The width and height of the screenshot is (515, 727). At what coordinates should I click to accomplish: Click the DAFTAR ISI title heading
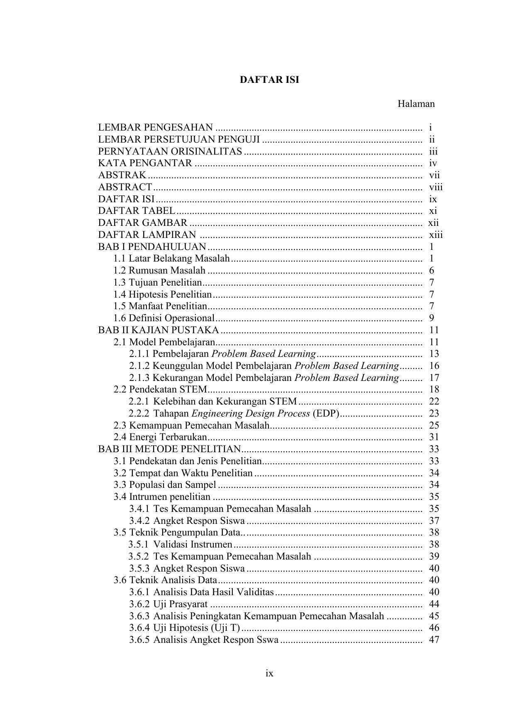click(x=269, y=80)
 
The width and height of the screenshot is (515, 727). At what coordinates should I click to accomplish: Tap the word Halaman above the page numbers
click(x=416, y=104)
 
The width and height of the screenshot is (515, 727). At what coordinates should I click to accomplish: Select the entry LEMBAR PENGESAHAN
click(x=156, y=128)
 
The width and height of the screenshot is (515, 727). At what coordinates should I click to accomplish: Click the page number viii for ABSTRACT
click(x=436, y=187)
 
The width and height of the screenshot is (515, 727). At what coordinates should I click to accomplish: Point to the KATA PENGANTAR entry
click(x=145, y=163)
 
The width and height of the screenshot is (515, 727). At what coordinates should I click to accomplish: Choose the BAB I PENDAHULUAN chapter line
click(x=152, y=247)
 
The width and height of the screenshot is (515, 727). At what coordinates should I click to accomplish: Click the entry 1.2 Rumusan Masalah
click(x=160, y=271)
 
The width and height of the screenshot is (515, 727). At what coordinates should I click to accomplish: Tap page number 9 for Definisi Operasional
click(x=432, y=318)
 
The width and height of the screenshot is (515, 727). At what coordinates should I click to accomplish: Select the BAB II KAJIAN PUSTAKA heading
click(x=159, y=330)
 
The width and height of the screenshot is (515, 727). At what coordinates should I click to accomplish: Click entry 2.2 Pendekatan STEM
click(x=160, y=390)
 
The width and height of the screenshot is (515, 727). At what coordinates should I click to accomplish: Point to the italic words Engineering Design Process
click(x=251, y=414)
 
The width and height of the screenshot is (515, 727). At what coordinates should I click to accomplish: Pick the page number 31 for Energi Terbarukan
click(x=434, y=437)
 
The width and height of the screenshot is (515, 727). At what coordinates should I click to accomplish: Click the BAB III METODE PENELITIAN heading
click(x=169, y=449)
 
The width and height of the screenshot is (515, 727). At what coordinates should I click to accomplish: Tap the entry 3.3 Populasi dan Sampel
click(x=165, y=485)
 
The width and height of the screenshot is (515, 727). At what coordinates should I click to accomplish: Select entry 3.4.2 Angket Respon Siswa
click(x=187, y=521)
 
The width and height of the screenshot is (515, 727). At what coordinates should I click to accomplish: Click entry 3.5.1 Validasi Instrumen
click(x=181, y=545)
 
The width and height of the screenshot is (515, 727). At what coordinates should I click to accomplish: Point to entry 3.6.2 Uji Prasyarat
click(x=168, y=604)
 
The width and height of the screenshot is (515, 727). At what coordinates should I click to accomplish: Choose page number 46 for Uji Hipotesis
click(x=434, y=628)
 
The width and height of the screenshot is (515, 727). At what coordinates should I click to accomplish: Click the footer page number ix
click(x=269, y=674)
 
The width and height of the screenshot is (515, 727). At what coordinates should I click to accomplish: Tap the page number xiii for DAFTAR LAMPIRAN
click(x=436, y=235)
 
